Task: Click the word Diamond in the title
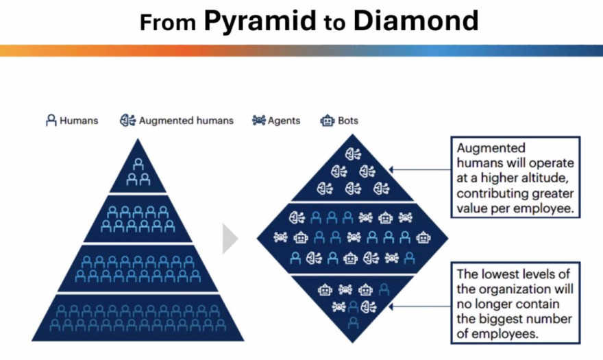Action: click(x=415, y=21)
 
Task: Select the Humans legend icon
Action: click(x=51, y=121)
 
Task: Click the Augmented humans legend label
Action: click(x=186, y=121)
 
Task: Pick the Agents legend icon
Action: click(x=258, y=121)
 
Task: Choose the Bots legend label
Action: click(x=348, y=121)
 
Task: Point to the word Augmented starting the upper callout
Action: click(x=491, y=148)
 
